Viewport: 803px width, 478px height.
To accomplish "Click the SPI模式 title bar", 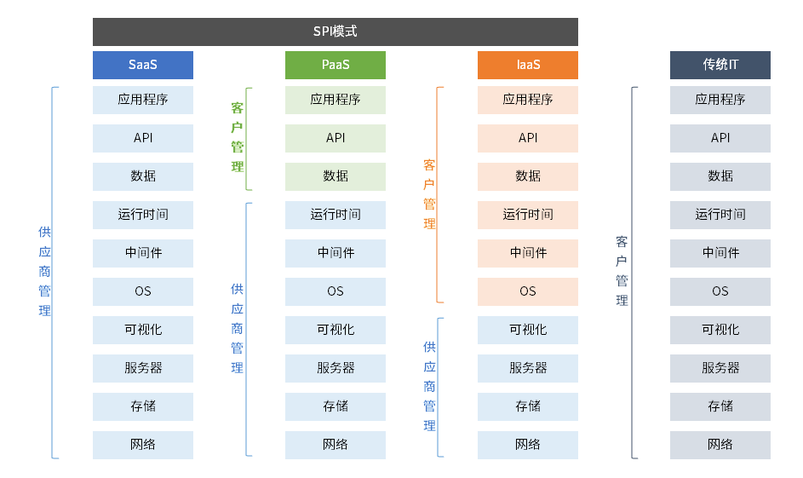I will tap(335, 32).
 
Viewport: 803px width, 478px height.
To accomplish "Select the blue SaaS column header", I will tap(143, 65).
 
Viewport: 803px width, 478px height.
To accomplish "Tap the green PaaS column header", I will tap(336, 65).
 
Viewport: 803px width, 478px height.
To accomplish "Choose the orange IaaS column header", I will tap(528, 65).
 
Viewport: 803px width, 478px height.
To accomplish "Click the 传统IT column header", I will tap(720, 65).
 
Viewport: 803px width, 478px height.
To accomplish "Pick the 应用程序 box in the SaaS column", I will tap(143, 100).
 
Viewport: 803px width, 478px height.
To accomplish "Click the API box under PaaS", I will tap(336, 138).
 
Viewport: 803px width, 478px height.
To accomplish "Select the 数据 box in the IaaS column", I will tap(528, 176).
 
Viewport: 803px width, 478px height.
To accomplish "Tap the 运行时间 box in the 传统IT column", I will tap(720, 215).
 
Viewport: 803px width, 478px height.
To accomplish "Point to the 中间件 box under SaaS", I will tap(143, 253).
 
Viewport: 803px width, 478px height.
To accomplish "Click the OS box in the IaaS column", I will tap(528, 291).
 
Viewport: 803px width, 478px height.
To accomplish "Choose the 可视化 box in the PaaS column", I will tap(336, 330).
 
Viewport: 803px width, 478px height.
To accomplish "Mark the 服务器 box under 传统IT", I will tap(720, 368).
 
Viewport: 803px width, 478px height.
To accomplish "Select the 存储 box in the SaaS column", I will tap(143, 406).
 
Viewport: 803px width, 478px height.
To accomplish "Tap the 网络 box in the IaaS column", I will tap(528, 445).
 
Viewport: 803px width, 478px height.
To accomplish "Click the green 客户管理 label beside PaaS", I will tap(237, 137).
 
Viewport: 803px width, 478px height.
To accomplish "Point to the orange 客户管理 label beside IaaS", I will tap(430, 193).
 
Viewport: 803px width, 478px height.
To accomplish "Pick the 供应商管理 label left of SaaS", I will tap(44, 271).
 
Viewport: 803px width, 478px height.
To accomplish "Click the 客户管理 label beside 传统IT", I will tap(622, 271).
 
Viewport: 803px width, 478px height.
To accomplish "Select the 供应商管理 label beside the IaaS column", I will tap(430, 386).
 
